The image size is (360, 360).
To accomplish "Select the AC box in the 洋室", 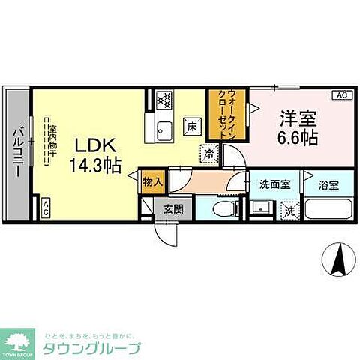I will tap(341, 94).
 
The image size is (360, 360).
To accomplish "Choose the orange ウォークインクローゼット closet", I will tap(226, 113).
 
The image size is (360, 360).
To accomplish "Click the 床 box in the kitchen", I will tap(192, 126).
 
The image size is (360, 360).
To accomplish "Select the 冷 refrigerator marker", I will tap(208, 152).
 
